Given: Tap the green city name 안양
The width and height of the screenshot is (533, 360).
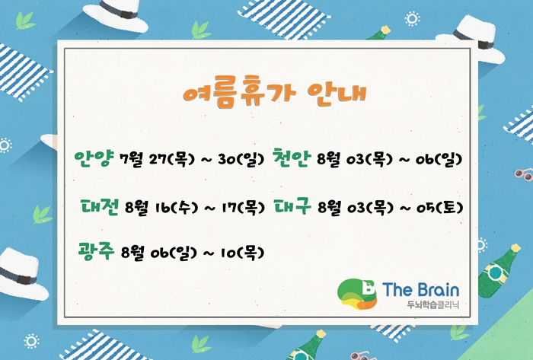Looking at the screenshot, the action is (x=93, y=158).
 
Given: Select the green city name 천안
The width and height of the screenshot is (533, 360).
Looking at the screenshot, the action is (x=292, y=158).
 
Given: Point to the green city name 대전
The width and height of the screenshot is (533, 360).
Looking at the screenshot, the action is (x=100, y=206).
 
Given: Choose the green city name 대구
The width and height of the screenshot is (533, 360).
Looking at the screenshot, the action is (x=292, y=206).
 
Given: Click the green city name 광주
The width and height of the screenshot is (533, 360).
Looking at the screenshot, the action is (x=96, y=252).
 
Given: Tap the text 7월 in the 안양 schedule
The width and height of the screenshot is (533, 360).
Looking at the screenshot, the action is (x=131, y=159).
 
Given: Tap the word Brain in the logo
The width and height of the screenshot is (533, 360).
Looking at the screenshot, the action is (x=438, y=290).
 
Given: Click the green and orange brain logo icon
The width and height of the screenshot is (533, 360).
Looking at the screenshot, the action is (x=357, y=294).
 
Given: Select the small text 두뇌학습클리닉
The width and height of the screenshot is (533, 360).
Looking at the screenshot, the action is (x=433, y=304).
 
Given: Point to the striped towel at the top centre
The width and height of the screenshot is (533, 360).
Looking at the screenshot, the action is (x=283, y=16).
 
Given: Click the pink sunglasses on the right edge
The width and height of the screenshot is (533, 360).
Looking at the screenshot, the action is (x=524, y=174).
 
